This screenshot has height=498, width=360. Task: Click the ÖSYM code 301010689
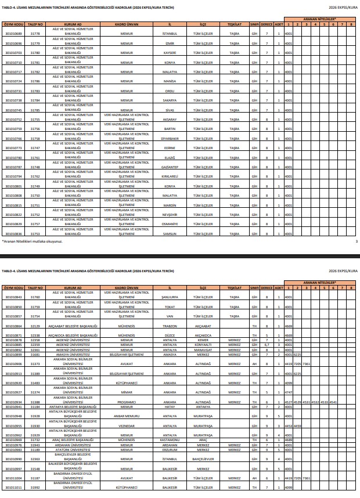point(13,34)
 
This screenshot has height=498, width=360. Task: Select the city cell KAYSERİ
point(170,52)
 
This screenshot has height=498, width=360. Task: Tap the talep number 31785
point(36,110)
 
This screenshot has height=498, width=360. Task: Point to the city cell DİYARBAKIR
point(170,139)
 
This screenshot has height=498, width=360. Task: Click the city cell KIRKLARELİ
point(170,176)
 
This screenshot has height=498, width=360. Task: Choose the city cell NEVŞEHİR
point(170,214)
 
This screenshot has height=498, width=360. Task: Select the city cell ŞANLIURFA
point(170,297)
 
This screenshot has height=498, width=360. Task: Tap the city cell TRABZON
point(170,326)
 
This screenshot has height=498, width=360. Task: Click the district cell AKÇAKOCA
point(203,335)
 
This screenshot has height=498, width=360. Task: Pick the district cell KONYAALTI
point(203,345)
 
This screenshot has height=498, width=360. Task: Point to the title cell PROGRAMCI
point(127,402)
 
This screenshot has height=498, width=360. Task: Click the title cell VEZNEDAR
point(127,426)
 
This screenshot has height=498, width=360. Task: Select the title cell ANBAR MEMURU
point(127,416)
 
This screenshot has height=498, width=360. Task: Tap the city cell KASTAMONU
point(170,440)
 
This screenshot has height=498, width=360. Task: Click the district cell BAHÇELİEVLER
point(203,459)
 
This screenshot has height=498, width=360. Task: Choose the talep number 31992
point(36,488)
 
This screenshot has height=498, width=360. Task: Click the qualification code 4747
point(289,392)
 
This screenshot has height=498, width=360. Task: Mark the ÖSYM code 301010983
point(13,449)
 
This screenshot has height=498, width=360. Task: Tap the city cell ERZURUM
point(170,449)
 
